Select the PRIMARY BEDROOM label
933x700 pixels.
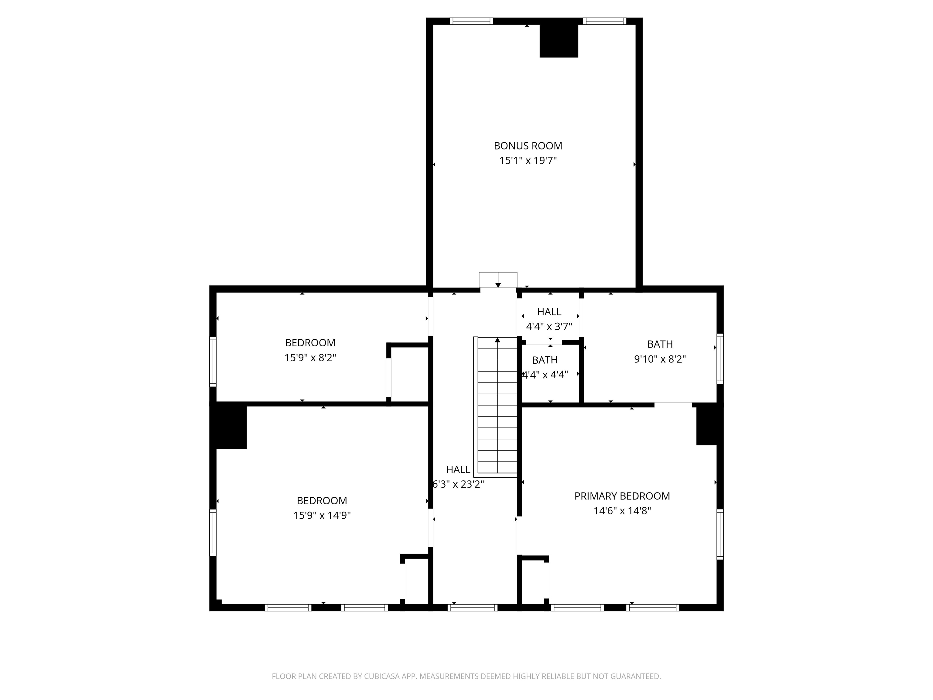(x=622, y=496)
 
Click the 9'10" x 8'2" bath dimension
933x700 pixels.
(x=660, y=359)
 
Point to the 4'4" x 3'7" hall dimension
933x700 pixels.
(x=549, y=327)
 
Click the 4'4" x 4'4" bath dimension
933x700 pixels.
(x=545, y=375)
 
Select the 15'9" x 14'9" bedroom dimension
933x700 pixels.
(x=322, y=516)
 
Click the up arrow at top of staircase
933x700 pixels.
(x=497, y=340)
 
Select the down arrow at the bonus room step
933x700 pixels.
(x=498, y=285)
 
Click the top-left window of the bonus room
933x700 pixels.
(x=471, y=21)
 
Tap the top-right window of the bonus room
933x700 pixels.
(x=604, y=21)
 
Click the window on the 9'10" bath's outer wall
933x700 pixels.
(x=720, y=359)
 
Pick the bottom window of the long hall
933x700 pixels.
(x=472, y=608)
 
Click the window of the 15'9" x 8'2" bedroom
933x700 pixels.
(x=213, y=361)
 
